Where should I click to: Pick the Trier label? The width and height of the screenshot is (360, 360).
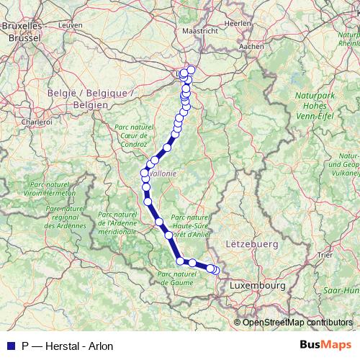coord(325,255)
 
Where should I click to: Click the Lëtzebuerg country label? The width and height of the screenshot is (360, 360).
coord(251,245)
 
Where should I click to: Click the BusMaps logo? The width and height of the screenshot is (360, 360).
coord(320,346)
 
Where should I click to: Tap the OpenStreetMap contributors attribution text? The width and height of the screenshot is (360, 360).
coord(297,322)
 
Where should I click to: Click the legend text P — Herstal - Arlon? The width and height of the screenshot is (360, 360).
coord(68,346)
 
